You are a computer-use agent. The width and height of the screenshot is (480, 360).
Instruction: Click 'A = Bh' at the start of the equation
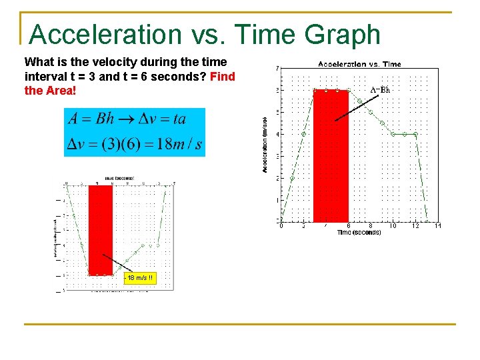[91, 120]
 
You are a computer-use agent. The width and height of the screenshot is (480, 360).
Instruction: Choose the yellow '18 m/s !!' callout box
[139, 277]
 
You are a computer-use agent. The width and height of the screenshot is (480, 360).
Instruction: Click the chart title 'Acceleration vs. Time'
[359, 64]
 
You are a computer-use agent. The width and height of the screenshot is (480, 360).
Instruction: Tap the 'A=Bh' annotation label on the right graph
[380, 89]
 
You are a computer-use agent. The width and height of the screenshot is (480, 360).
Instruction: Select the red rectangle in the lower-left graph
[101, 230]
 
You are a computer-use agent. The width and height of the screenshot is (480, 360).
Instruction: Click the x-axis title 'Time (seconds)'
[359, 233]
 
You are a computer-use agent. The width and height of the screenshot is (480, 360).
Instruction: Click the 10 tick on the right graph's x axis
[393, 226]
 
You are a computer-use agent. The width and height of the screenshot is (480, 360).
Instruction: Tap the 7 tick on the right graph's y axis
[277, 68]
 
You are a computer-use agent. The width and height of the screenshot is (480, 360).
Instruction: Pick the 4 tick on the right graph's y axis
[277, 134]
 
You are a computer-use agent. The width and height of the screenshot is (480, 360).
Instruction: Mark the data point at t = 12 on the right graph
[415, 134]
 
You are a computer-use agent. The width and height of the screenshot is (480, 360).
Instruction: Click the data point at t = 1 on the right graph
[293, 178]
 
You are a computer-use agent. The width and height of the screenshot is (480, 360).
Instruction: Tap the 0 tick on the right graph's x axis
[281, 226]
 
